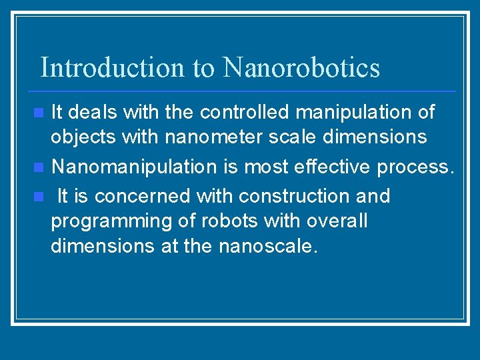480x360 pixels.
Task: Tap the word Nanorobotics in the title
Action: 301,67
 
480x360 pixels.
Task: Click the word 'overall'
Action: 339,221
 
